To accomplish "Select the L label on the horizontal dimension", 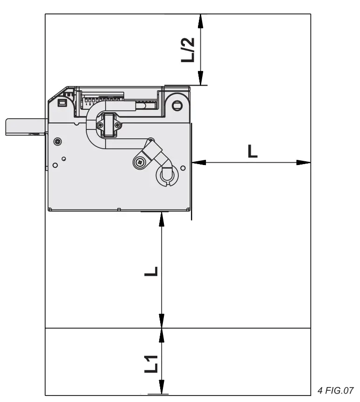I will pyautogui.click(x=252, y=151).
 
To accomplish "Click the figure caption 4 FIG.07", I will pyautogui.click(x=335, y=390).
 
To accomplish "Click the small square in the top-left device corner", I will pyautogui.click(x=61, y=102).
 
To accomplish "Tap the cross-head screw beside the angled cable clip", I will pyautogui.click(x=140, y=162).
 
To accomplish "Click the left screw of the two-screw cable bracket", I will pyautogui.click(x=100, y=125).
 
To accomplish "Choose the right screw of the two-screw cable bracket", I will pyautogui.click(x=117, y=125).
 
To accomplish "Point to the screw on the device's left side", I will pyautogui.click(x=57, y=142).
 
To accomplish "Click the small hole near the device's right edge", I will pyautogui.click(x=184, y=167).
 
